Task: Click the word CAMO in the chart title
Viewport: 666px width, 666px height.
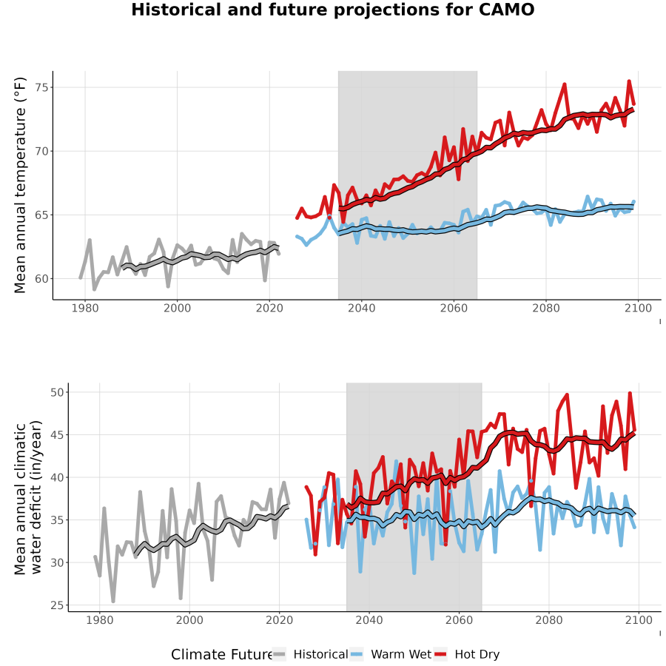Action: pyautogui.click(x=506, y=10)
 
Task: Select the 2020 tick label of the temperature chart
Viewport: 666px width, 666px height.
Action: pyautogui.click(x=269, y=308)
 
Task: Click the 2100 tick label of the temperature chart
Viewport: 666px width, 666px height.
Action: pyautogui.click(x=638, y=308)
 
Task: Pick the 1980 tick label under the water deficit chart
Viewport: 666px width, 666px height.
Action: pyautogui.click(x=100, y=620)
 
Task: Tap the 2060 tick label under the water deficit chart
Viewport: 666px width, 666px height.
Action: pyautogui.click(x=459, y=620)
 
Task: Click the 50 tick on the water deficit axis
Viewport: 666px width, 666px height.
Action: pyautogui.click(x=57, y=392)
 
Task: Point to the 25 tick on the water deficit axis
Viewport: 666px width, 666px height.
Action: pyautogui.click(x=57, y=605)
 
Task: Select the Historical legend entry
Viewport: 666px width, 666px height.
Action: pyautogui.click(x=310, y=654)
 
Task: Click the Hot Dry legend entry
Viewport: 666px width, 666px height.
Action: pyautogui.click(x=467, y=654)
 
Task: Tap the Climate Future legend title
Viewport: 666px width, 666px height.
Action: pyautogui.click(x=222, y=655)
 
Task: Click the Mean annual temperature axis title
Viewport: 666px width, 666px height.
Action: pyautogui.click(x=20, y=185)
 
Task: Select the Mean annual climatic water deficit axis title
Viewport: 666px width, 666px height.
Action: pyautogui.click(x=28, y=497)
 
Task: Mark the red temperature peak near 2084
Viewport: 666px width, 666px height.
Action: pyautogui.click(x=565, y=84)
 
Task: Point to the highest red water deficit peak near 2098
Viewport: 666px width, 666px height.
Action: pyautogui.click(x=630, y=394)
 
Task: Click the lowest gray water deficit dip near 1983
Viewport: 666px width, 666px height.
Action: pyautogui.click(x=113, y=601)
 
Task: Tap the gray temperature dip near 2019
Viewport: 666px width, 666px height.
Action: pyautogui.click(x=265, y=280)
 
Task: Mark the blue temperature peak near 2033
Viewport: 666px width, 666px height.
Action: pyautogui.click(x=329, y=216)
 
